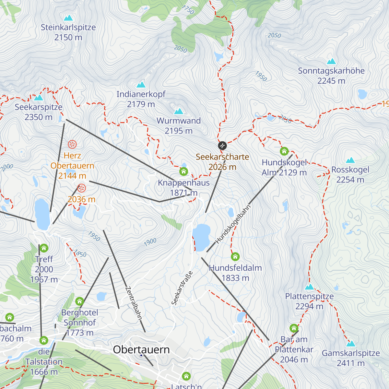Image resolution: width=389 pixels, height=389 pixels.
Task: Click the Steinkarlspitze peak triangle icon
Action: click(68, 18)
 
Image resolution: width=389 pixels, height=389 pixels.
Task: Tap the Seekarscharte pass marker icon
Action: click(222, 146)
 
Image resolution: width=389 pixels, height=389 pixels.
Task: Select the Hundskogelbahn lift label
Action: click(233, 224)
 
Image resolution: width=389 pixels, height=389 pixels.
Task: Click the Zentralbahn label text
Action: click(134, 303)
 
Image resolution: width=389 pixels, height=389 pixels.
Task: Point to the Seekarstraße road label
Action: click(182, 288)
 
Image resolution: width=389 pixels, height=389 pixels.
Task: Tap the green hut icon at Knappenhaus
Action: click(183, 171)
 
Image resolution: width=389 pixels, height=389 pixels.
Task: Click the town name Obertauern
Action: click(141, 349)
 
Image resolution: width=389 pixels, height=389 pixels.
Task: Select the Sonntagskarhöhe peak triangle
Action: click(331, 62)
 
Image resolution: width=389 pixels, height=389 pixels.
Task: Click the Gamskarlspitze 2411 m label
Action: click(351, 358)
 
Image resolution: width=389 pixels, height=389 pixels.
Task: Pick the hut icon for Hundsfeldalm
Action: click(235, 257)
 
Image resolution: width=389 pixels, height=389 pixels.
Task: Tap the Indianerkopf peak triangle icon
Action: click(141, 85)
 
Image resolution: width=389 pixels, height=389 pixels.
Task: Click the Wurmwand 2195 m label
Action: click(179, 125)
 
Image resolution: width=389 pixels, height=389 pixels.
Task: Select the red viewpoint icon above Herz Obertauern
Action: click(72, 144)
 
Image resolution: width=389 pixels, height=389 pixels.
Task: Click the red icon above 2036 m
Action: click(81, 188)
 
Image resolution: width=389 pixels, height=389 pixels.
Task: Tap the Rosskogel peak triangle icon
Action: click(350, 160)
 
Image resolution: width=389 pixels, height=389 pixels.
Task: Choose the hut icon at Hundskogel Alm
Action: click(284, 151)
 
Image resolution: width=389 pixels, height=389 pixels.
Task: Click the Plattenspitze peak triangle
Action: click(310, 287)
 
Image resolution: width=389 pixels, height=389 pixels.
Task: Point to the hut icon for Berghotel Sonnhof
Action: click(79, 301)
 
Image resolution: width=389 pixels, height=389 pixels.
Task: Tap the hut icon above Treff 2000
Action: click(44, 248)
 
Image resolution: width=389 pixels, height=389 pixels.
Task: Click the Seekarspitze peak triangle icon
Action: click(39, 98)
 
